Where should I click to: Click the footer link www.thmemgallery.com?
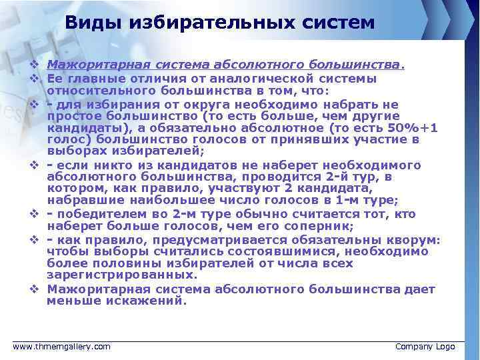[x=62, y=347]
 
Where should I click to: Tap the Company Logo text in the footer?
[x=425, y=347]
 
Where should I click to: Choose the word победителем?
[x=101, y=214]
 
